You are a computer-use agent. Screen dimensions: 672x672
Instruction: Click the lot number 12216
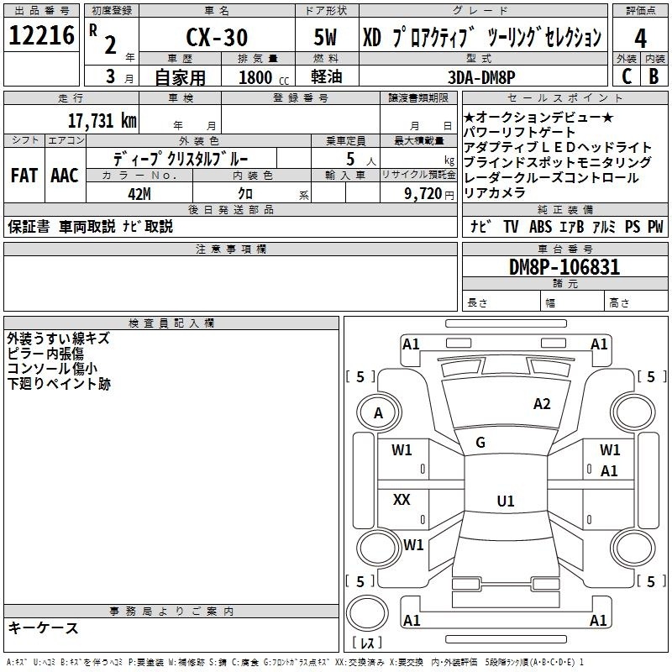[x=41, y=35]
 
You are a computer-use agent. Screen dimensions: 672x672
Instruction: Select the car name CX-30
[x=217, y=37]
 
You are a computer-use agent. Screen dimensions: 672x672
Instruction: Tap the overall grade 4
[x=640, y=39]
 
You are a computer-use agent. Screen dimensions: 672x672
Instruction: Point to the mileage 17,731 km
[x=102, y=120]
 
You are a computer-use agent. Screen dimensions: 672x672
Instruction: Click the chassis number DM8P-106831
[x=564, y=267]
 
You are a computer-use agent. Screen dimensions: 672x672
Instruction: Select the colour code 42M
[x=139, y=194]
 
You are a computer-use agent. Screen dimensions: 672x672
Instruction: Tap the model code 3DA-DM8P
[x=481, y=77]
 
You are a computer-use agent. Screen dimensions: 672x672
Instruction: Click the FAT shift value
[x=24, y=176]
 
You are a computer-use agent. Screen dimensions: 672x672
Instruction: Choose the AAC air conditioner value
[x=65, y=176]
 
